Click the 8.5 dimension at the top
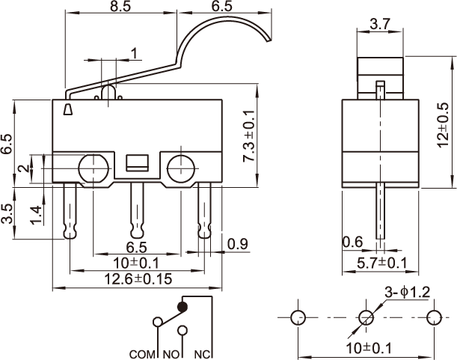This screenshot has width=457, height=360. pos(120,7)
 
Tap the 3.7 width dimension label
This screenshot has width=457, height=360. pos(380,24)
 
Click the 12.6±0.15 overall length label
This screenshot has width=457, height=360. pos(138,279)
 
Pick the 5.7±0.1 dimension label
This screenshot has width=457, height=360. pos(381,263)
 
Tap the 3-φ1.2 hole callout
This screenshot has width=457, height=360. pos(408,293)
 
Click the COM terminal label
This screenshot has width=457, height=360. pos(142,355)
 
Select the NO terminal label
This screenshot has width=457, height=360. pos(171,355)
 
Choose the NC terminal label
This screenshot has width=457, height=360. pos(202,355)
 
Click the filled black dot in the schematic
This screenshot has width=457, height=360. pos(183,307)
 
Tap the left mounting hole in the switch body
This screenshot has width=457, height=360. pos(93,168)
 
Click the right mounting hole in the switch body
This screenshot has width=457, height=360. pos(181,168)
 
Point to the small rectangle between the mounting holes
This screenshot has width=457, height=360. pos(137,163)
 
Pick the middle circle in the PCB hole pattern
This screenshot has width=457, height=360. pos(366,317)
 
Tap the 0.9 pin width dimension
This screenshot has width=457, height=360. pos(238,244)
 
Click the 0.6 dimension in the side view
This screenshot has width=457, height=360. pos(352,242)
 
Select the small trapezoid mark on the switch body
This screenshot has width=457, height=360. pos(68,109)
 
